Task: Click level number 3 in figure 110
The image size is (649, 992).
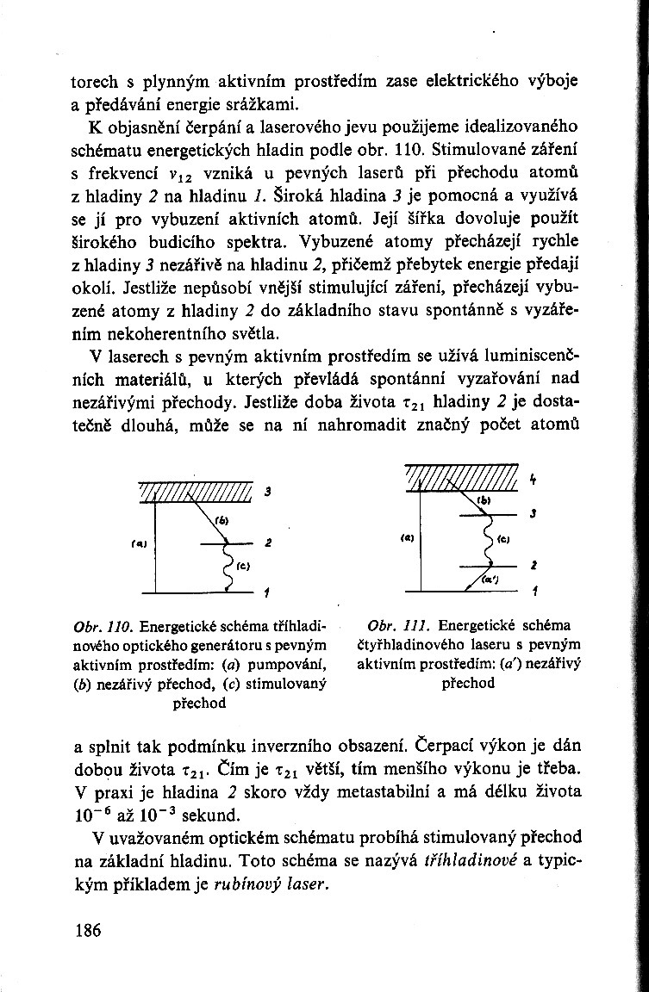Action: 268,492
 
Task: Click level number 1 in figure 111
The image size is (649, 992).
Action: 534,592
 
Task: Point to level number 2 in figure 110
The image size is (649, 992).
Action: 268,544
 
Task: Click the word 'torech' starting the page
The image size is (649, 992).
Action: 94,83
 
